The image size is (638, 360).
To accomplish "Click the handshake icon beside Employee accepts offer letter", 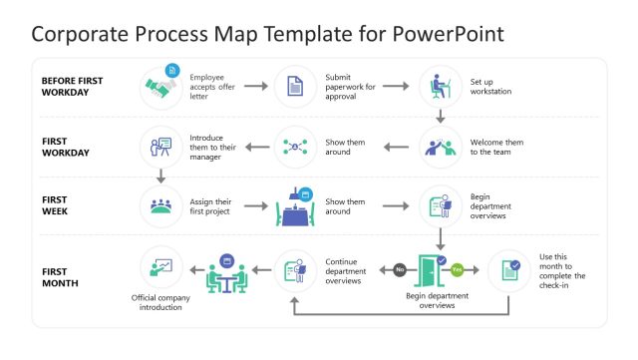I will pos(159,87).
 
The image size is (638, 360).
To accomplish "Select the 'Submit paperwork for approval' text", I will pos(350,87).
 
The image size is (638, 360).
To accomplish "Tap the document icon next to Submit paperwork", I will pos(295,88).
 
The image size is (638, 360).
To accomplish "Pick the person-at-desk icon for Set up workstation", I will pos(440,87).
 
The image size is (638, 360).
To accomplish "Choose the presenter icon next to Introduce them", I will pos(159,147).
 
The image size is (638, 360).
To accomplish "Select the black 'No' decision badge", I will pos(400,269).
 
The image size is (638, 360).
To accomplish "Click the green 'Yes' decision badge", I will pos(458,269).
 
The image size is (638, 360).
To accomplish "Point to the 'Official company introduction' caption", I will pos(161,302).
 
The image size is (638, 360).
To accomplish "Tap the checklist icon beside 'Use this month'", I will pos(509,269).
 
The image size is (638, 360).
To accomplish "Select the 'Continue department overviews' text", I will pos(345,269).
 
